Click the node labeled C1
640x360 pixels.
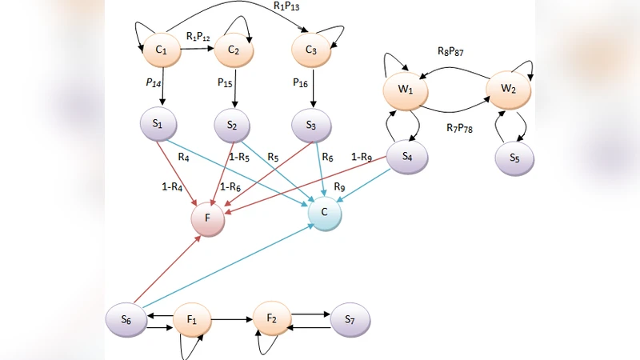(x=162, y=50)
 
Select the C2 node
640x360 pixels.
(x=234, y=50)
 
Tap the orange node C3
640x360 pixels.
(x=312, y=50)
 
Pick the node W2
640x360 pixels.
(x=507, y=87)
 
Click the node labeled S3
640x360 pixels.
(x=313, y=126)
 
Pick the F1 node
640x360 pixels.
(x=193, y=319)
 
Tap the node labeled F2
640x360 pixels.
(x=273, y=318)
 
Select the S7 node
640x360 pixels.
(x=351, y=318)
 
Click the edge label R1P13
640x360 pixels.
(x=287, y=6)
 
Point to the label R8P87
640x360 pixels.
(x=450, y=53)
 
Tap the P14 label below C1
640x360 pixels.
(x=154, y=82)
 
